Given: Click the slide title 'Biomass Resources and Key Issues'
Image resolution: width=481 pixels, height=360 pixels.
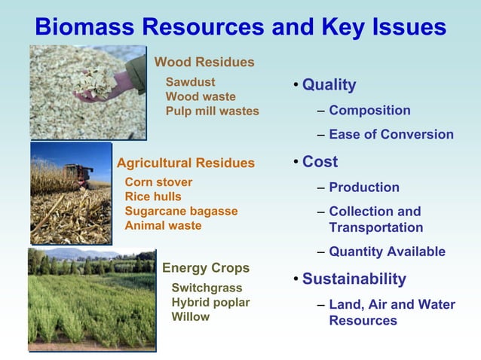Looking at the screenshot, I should pyautogui.click(x=240, y=27).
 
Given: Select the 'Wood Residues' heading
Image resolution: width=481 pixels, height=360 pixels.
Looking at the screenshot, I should pyautogui.click(x=204, y=63).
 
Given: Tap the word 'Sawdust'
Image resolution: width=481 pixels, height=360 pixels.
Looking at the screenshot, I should pyautogui.click(x=190, y=82).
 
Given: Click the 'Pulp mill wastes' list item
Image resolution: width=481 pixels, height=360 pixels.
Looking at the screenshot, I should pyautogui.click(x=212, y=111).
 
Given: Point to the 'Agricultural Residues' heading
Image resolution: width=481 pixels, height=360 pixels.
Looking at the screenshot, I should pyautogui.click(x=185, y=163).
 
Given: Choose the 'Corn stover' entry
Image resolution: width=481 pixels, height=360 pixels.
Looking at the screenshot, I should pyautogui.click(x=158, y=182).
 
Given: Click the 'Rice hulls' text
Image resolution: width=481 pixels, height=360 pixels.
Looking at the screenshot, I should pyautogui.click(x=153, y=197).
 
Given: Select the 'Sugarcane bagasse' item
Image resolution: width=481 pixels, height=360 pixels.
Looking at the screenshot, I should pyautogui.click(x=181, y=211).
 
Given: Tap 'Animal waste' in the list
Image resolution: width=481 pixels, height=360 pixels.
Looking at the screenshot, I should pyautogui.click(x=163, y=225).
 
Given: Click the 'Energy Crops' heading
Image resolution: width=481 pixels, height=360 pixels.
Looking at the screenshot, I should pyautogui.click(x=206, y=268).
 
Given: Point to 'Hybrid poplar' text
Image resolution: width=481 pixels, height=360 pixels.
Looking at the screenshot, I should pyautogui.click(x=210, y=302).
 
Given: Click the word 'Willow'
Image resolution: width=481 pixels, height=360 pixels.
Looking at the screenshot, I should pyautogui.click(x=191, y=316).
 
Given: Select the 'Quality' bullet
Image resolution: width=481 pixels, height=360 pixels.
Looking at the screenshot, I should pyautogui.click(x=329, y=85).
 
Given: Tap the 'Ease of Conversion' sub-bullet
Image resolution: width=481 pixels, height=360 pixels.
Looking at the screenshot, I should pyautogui.click(x=391, y=135).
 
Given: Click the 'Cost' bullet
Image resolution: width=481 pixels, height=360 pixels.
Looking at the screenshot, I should pyautogui.click(x=320, y=162).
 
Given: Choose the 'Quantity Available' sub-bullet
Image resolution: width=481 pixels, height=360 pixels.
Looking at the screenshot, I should pyautogui.click(x=387, y=252).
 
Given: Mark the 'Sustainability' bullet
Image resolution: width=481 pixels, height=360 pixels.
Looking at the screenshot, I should pyautogui.click(x=354, y=279).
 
